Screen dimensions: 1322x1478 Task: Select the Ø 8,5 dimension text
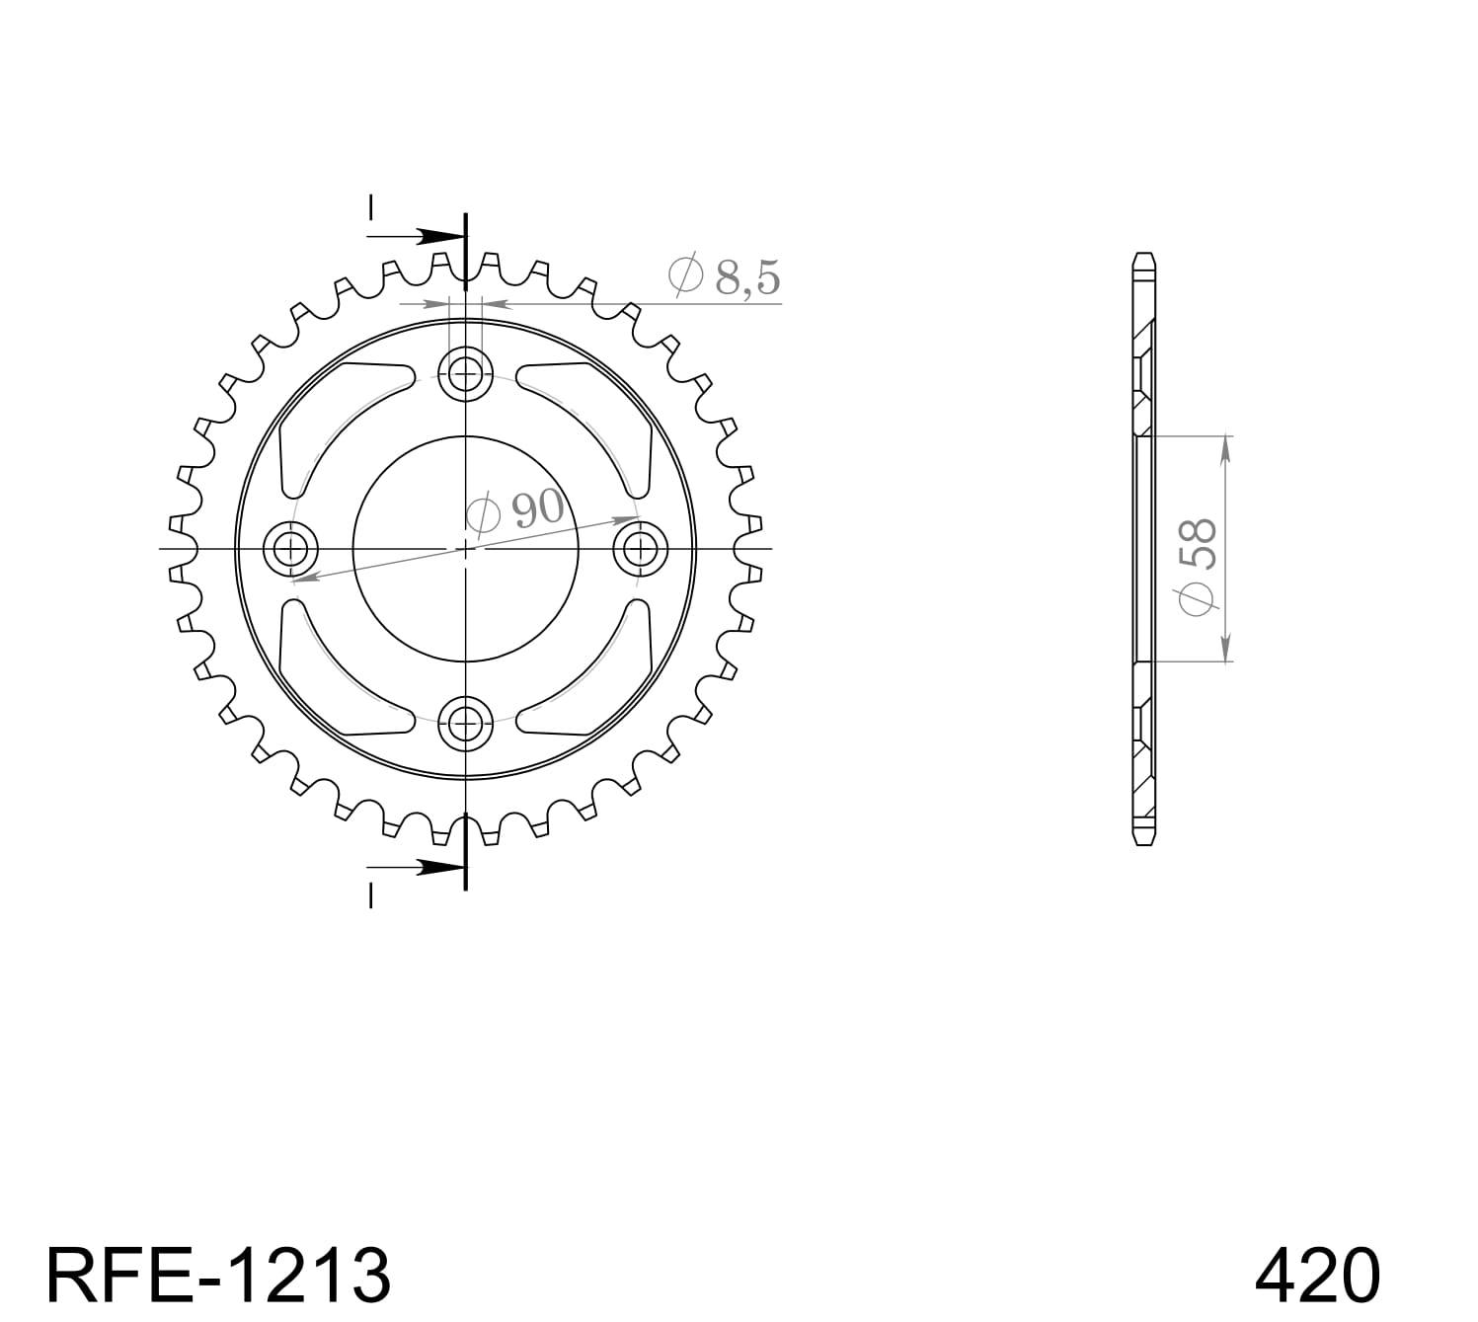[725, 276]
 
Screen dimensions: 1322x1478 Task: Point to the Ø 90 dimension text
[515, 510]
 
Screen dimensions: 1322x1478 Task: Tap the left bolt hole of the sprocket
[291, 547]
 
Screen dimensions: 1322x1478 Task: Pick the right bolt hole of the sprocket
[640, 547]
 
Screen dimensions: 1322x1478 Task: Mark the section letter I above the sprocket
[371, 208]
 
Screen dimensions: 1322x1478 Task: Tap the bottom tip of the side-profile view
[1143, 842]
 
